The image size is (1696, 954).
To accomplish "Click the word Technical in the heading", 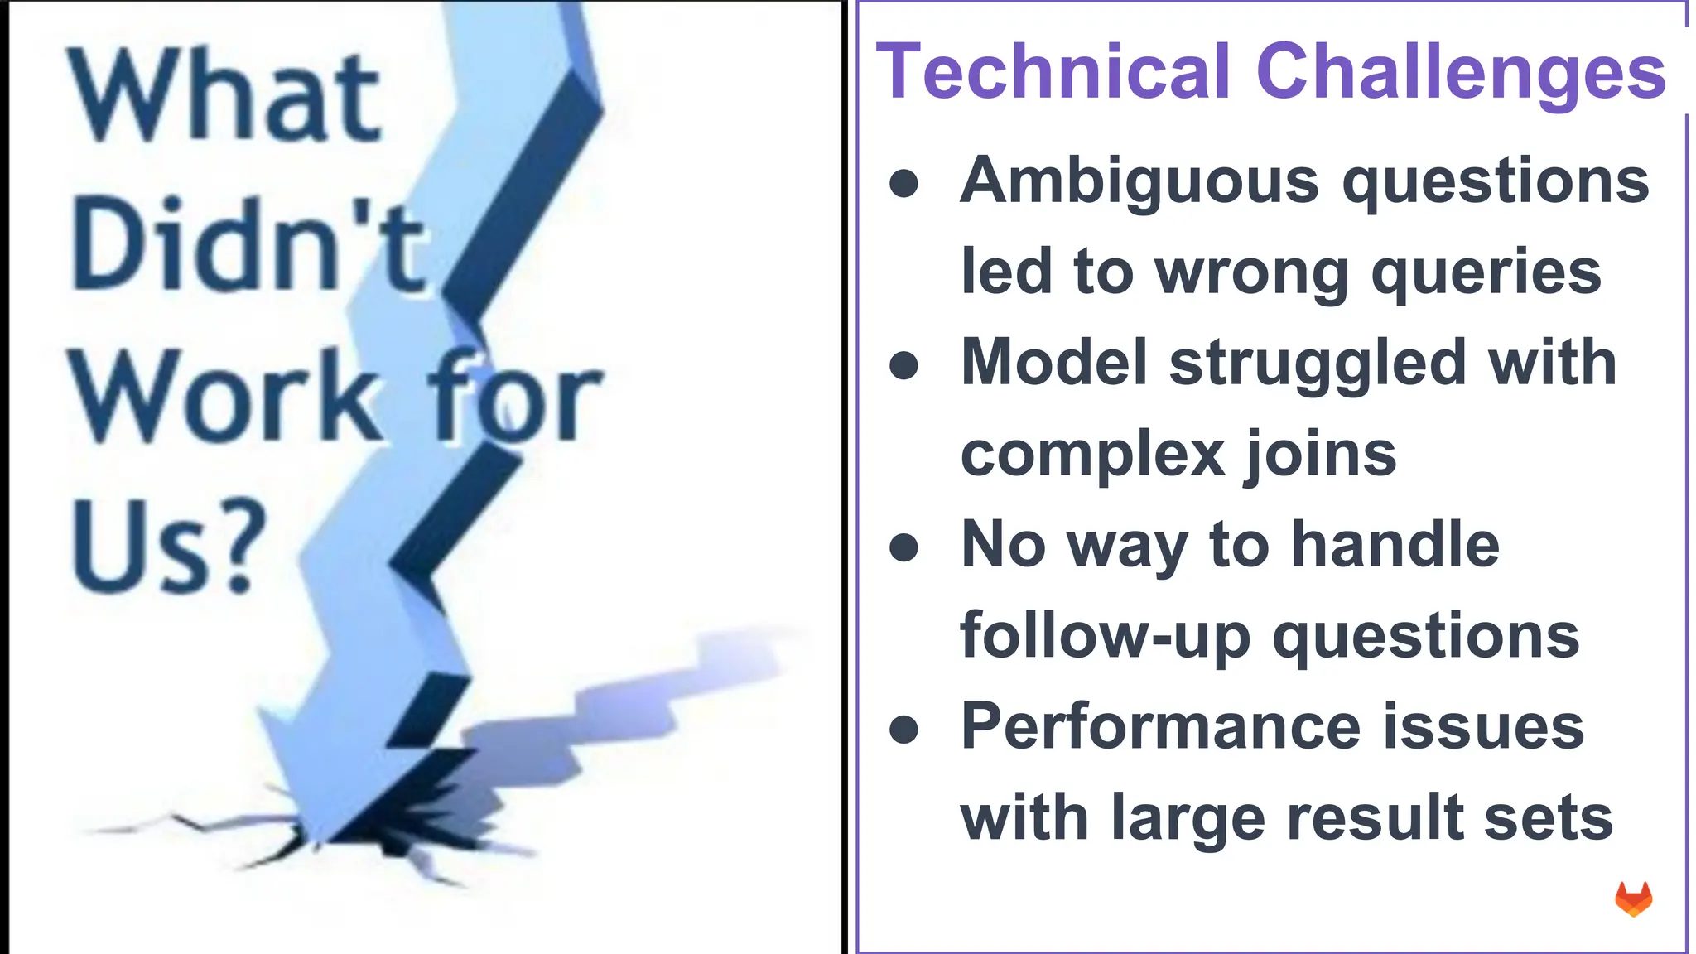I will (x=1053, y=73).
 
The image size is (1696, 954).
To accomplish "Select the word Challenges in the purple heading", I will (x=1461, y=73).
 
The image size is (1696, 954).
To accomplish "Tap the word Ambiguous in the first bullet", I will (x=1139, y=181).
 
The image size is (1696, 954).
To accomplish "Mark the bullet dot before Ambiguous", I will (x=903, y=184).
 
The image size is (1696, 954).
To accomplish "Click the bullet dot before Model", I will (x=903, y=365).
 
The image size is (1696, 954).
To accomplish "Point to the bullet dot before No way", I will (x=903, y=547).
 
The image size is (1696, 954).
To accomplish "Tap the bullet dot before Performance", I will (x=903, y=730).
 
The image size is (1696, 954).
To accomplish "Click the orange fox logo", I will (x=1633, y=899).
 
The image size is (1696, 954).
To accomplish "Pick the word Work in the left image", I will (x=224, y=396).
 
